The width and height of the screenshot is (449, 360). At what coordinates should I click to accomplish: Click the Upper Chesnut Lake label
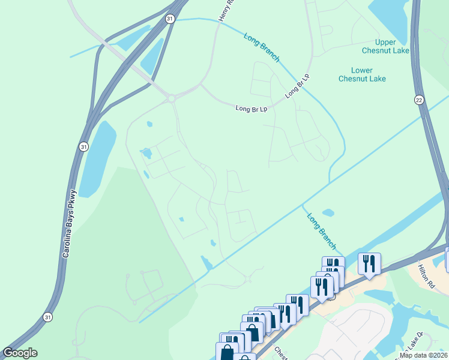coord(393,46)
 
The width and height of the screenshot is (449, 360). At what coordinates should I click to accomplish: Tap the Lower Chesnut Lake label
coord(361,74)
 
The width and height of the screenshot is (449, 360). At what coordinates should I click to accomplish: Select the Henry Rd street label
coord(225,11)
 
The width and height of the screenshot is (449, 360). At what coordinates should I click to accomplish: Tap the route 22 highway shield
coord(419,100)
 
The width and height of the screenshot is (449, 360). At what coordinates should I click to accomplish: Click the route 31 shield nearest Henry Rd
coord(170,19)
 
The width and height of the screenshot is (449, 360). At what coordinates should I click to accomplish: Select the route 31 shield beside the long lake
coord(83,146)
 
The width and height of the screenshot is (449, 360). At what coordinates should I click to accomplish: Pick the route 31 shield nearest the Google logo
coord(47,316)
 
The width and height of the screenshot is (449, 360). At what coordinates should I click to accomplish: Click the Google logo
coord(20,353)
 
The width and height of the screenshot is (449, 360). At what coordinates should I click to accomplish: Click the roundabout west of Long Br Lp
coord(171,98)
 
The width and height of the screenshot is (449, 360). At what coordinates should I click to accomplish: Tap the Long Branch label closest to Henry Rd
coord(262,47)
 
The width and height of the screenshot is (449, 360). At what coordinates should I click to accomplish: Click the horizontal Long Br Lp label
coord(251,109)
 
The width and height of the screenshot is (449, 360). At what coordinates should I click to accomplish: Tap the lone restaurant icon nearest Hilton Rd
coord(369,263)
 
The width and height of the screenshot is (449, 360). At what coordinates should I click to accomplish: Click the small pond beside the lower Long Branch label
coord(328,212)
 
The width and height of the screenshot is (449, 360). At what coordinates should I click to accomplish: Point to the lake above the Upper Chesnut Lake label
coord(390,15)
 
